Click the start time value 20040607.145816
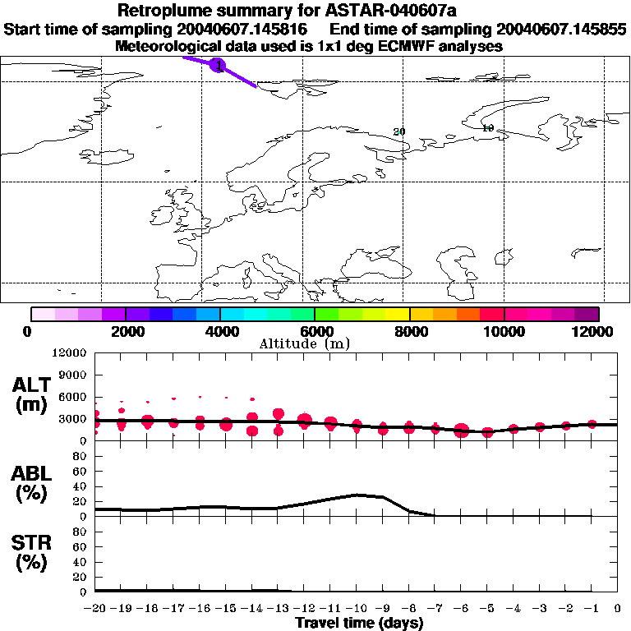(244, 30)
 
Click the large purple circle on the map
(218, 64)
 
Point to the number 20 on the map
(400, 131)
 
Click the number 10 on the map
(487, 128)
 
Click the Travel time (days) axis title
(359, 624)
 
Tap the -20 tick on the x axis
(95, 609)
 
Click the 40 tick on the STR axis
(80, 562)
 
